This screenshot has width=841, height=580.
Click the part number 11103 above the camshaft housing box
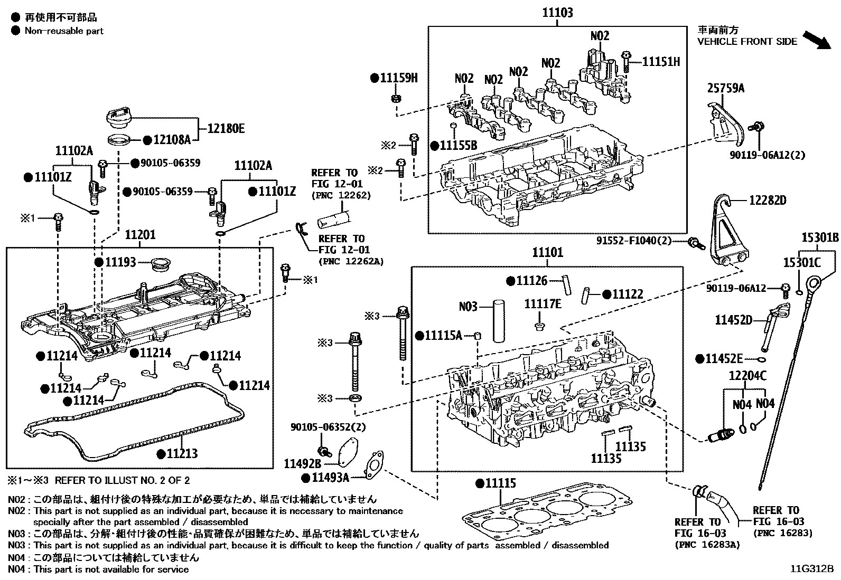(x=557, y=13)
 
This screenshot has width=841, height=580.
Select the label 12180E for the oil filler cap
(x=226, y=128)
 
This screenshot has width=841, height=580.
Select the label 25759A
(x=725, y=88)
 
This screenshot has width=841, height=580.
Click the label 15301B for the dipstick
(x=820, y=237)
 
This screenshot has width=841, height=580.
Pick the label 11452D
(x=733, y=320)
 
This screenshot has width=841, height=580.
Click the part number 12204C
(x=747, y=376)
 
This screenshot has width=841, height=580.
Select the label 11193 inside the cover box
(x=120, y=262)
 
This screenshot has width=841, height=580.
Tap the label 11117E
(x=543, y=304)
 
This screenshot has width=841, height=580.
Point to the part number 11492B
(x=303, y=464)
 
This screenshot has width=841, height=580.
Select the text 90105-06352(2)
(x=328, y=427)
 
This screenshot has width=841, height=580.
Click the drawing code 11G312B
(x=811, y=569)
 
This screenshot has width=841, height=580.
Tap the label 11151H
(x=661, y=62)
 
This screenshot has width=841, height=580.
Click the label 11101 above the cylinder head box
(x=547, y=253)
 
